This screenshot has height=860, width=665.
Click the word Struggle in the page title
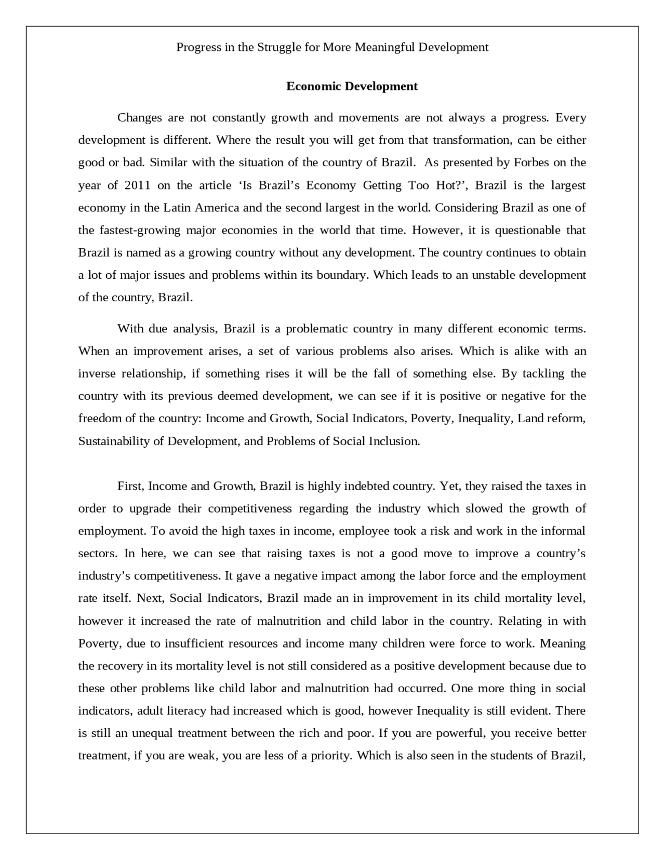click(x=279, y=48)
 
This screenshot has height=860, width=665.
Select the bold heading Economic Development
click(x=352, y=86)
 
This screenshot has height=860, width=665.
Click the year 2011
click(x=138, y=185)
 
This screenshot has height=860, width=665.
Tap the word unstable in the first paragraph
click(x=494, y=275)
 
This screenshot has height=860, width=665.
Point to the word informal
click(x=563, y=531)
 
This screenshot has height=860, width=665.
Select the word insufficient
click(x=194, y=643)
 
